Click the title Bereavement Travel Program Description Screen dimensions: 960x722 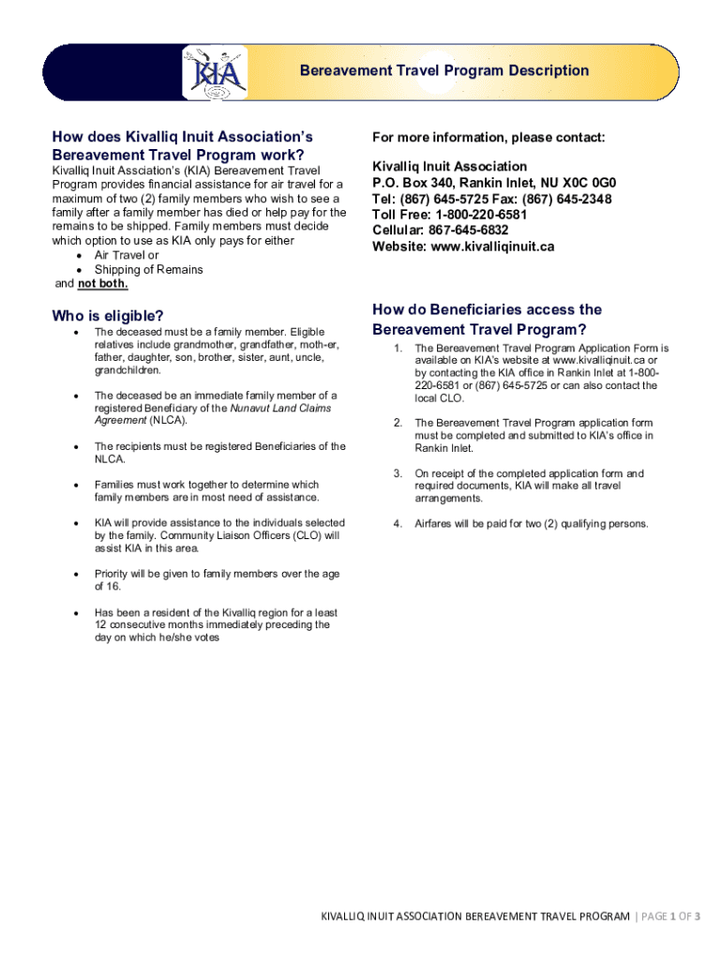click(444, 71)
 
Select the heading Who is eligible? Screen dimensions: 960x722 click(108, 315)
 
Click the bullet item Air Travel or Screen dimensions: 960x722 click(127, 255)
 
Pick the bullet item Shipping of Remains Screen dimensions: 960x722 click(148, 270)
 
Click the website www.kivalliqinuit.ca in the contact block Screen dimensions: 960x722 click(492, 247)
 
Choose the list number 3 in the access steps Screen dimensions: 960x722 click(398, 473)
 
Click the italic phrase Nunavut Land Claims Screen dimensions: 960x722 click(280, 408)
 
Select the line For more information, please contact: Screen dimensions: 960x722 click(489, 138)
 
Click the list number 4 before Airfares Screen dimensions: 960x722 click(398, 523)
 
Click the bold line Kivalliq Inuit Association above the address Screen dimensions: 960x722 click(449, 166)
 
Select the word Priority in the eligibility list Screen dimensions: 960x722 click(113, 574)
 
